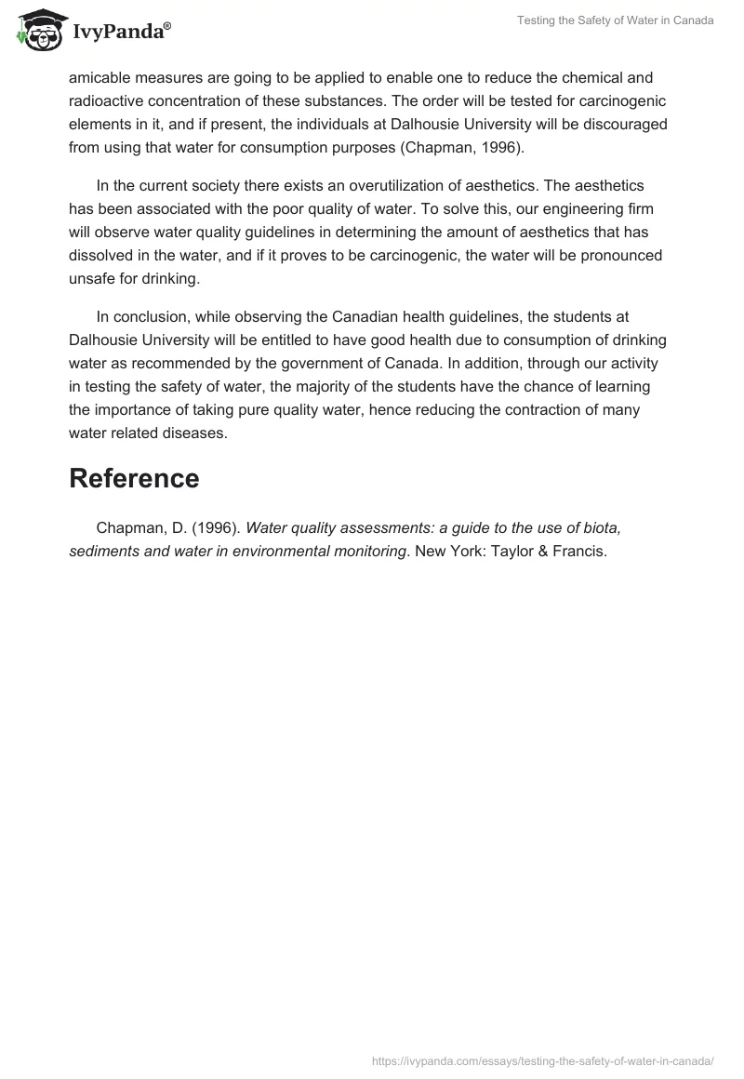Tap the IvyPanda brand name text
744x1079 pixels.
pos(117,33)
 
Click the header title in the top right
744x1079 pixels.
pos(616,21)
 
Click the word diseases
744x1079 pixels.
pos(194,432)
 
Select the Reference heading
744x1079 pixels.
pos(134,478)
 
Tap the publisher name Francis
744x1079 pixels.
pos(579,551)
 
